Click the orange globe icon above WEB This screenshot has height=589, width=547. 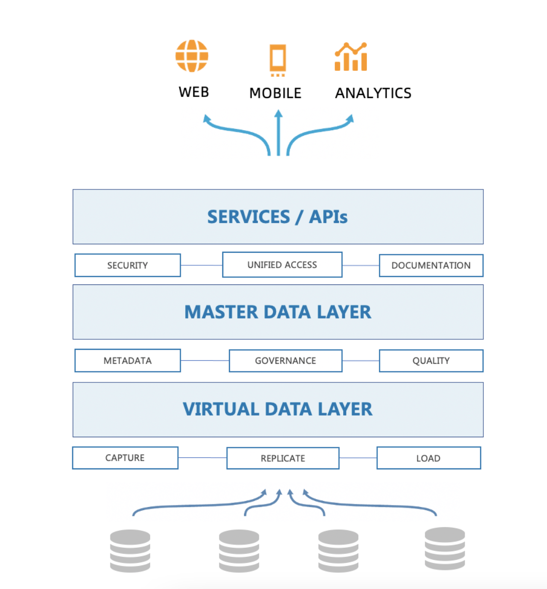pyautogui.click(x=192, y=56)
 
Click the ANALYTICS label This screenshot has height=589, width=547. pyautogui.click(x=373, y=93)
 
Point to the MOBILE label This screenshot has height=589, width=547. pyautogui.click(x=275, y=93)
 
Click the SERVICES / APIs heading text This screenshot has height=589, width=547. pyautogui.click(x=278, y=217)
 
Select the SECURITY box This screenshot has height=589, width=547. pyautogui.click(x=127, y=265)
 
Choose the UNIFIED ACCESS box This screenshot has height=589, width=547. pyautogui.click(x=282, y=265)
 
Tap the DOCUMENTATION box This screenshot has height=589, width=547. pyautogui.click(x=431, y=265)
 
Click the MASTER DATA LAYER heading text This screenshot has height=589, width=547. pyautogui.click(x=278, y=312)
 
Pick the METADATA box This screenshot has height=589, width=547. pyautogui.click(x=127, y=361)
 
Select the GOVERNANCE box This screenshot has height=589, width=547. pyautogui.click(x=285, y=361)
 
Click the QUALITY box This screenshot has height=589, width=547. pyautogui.click(x=431, y=361)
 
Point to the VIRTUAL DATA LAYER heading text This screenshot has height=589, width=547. pyautogui.click(x=278, y=409)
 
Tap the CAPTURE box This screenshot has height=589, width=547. pyautogui.click(x=125, y=458)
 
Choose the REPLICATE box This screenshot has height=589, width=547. pyautogui.click(x=283, y=458)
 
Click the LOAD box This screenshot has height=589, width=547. pyautogui.click(x=428, y=458)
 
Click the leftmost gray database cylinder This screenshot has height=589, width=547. pyautogui.click(x=130, y=551)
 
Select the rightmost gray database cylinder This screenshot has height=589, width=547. pyautogui.click(x=445, y=548)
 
